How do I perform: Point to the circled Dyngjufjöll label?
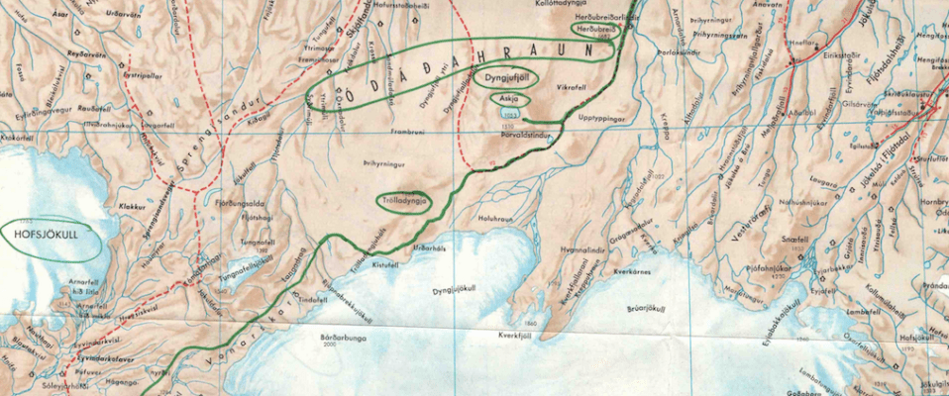pyautogui.click(x=507, y=76)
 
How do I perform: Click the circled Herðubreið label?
pyautogui.click(x=597, y=30)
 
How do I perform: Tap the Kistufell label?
pyautogui.click(x=356, y=265)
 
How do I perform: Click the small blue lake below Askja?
pyautogui.click(x=511, y=115)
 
